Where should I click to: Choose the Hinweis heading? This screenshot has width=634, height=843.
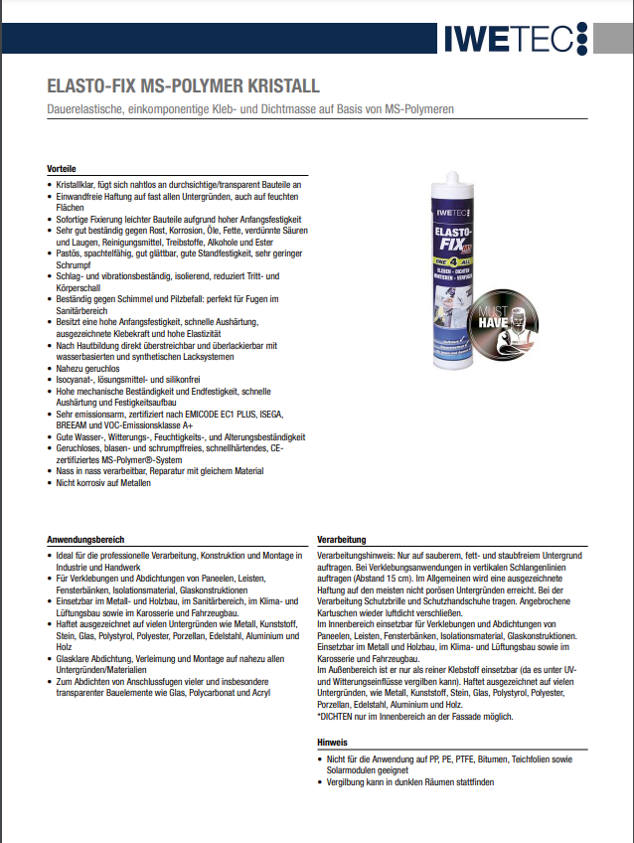point(332,743)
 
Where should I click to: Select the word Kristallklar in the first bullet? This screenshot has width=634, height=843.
point(78,186)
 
